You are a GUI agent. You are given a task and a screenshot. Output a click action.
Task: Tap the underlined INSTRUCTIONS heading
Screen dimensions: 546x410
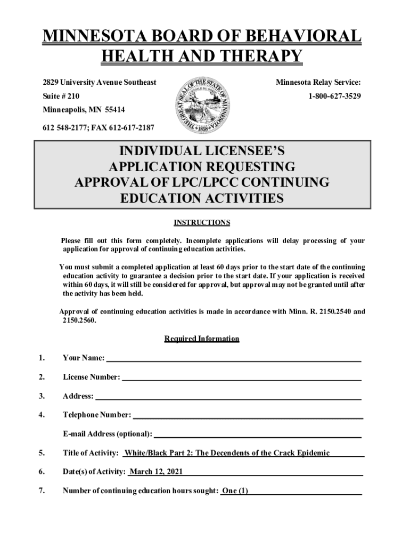click(202, 222)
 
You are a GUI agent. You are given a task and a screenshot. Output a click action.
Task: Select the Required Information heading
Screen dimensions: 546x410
click(202, 339)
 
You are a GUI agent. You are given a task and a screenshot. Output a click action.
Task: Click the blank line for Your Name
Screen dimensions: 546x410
click(233, 358)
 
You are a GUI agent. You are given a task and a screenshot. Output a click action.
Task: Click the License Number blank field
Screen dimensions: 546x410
click(242, 378)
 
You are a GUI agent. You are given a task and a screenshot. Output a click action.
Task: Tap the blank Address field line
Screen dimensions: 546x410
click(228, 396)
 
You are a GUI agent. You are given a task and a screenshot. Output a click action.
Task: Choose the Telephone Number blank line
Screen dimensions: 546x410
click(248, 415)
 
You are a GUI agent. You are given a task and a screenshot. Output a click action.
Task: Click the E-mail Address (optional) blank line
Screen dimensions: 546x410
click(258, 434)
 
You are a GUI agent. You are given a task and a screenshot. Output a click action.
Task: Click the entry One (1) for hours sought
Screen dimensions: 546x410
click(235, 491)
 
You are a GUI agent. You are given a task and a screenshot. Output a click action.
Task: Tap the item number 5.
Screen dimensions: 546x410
click(41, 453)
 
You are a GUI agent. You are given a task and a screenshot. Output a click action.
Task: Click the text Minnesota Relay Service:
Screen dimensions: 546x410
click(318, 82)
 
